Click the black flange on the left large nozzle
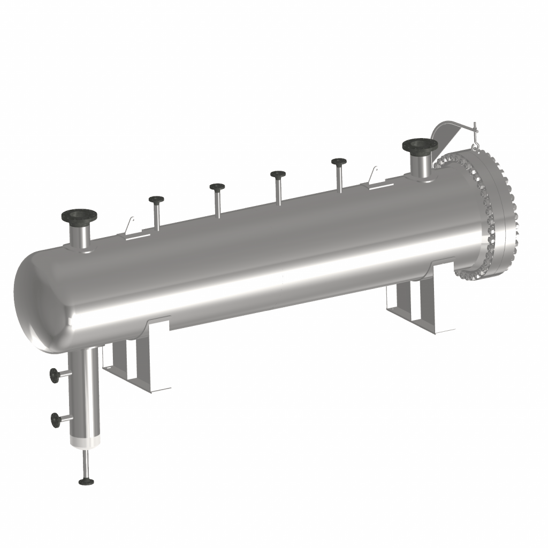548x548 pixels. click(79, 216)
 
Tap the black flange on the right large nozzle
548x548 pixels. click(420, 144)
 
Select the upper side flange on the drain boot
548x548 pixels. click(55, 376)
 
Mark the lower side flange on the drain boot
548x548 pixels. click(55, 420)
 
